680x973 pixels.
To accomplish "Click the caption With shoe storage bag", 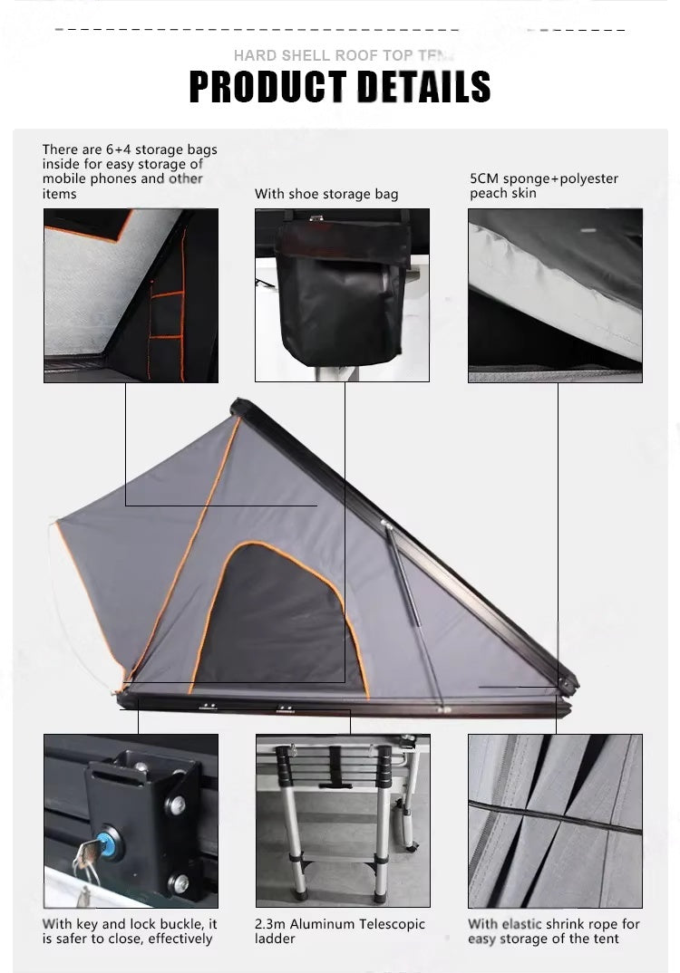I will [325, 194].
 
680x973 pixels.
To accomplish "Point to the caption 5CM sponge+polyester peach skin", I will [543, 186].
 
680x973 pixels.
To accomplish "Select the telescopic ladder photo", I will [343, 820].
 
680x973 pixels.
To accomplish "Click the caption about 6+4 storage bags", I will [129, 171].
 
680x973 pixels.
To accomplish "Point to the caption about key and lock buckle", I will [130, 931].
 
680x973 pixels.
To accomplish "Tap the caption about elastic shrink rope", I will [553, 931].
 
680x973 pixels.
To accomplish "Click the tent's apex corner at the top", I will [238, 405].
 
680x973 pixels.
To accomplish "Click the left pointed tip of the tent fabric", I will [57, 522].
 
